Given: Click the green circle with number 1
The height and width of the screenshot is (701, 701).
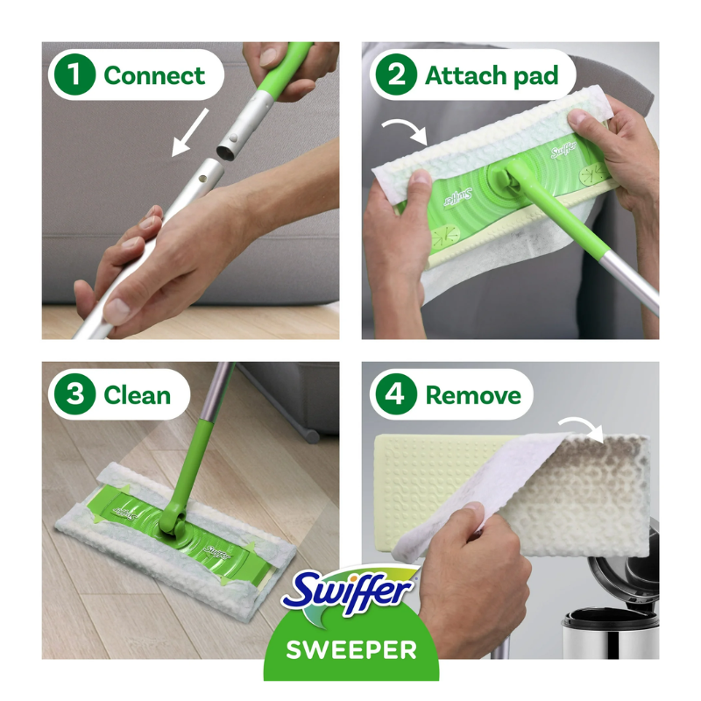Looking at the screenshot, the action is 74,74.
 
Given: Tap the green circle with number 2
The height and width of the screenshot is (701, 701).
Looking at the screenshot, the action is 396,74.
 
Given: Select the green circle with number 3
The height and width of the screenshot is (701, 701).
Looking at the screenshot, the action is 74,394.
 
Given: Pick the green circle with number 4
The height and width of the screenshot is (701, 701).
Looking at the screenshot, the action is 396,394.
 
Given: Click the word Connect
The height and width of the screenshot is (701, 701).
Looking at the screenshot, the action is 154,75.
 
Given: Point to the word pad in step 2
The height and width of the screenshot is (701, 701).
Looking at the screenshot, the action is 535,76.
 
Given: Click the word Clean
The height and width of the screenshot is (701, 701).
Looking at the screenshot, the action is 138,395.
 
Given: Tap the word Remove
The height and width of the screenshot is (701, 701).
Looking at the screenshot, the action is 473,396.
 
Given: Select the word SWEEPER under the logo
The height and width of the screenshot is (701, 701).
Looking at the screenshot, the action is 351,650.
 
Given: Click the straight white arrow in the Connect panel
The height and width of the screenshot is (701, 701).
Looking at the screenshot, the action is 189,133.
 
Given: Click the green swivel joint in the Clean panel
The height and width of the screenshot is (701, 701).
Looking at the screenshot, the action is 172,523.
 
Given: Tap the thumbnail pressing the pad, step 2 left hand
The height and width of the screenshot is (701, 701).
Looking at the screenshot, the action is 421,177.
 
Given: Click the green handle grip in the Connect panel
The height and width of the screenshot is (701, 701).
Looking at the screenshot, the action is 287,67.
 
